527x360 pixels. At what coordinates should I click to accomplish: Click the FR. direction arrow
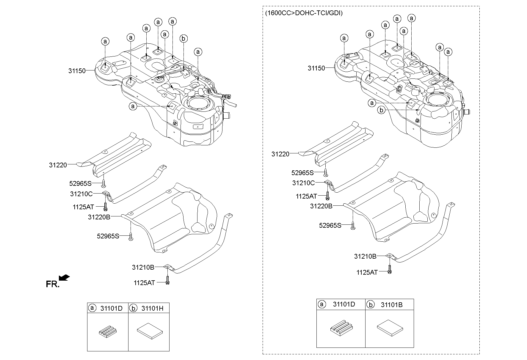(x=64, y=278)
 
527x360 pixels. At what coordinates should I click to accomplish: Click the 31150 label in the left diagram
(x=77, y=71)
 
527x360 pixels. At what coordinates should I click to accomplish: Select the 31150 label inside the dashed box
(x=316, y=68)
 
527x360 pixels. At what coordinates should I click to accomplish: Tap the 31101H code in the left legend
(x=152, y=308)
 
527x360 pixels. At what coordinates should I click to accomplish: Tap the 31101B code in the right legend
(x=391, y=305)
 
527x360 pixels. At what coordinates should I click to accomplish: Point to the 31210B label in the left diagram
(x=143, y=268)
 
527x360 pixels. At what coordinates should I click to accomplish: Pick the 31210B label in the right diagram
(x=365, y=256)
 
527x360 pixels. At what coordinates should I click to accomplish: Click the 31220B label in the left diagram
(x=99, y=217)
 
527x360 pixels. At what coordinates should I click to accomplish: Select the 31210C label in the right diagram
(x=303, y=183)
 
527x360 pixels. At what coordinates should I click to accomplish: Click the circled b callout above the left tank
(x=183, y=38)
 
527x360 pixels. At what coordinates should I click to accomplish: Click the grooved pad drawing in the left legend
(x=107, y=331)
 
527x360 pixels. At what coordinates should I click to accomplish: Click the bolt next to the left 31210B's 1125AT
(x=167, y=280)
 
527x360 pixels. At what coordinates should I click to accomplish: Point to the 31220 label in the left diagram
(x=58, y=165)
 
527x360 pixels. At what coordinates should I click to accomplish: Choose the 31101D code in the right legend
(x=344, y=304)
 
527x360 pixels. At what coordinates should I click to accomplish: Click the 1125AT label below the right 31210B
(x=367, y=272)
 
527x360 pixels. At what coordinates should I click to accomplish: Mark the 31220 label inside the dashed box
(x=280, y=154)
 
